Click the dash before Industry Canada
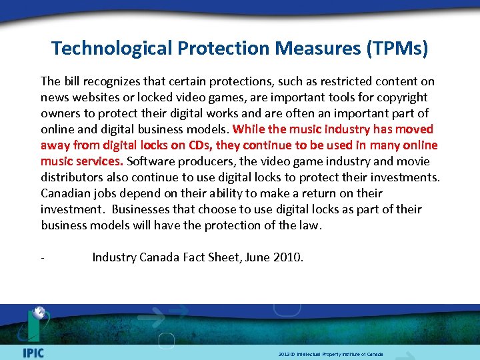(x=43, y=257)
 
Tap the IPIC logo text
(x=33, y=352)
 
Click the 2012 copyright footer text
(x=331, y=354)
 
